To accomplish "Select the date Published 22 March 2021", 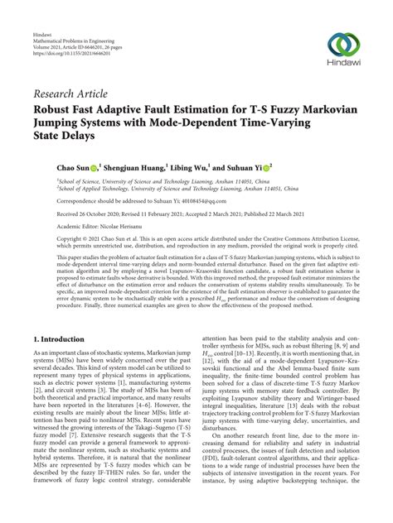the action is tap(280, 212).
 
